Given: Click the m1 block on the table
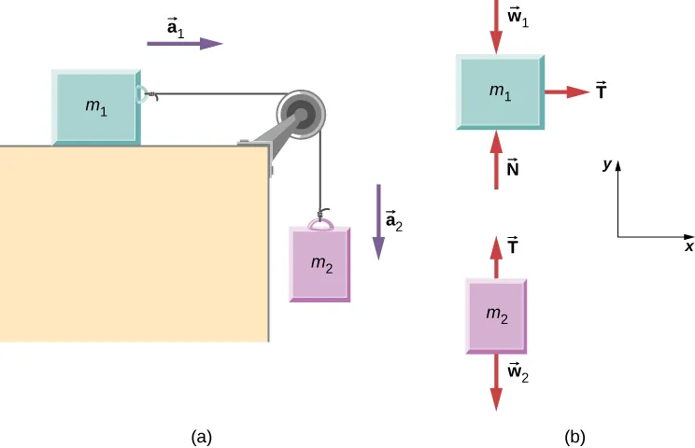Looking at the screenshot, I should coord(96,106).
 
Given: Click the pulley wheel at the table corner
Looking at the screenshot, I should coord(303,113).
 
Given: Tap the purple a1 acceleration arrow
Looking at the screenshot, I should coord(185,43).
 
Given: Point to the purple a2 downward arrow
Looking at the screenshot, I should coord(378,220).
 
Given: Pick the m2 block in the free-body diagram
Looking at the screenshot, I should coord(496,315).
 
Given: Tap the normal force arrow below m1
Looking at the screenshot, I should coord(495,159).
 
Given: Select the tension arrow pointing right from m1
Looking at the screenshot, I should coord(566,91).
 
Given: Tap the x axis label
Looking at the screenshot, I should coord(688,247).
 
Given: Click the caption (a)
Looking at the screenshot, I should coord(201,435).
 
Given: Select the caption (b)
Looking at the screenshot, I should coord(574,435).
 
